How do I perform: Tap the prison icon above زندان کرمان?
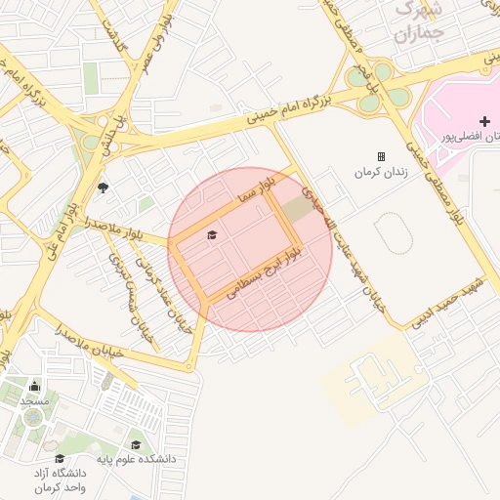(381, 156)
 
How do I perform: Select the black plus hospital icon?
(484, 120)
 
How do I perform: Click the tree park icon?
(104, 187)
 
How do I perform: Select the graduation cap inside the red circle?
(212, 235)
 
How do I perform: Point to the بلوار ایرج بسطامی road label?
(265, 271)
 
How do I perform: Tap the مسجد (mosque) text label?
(34, 401)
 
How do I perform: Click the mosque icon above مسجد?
(35, 386)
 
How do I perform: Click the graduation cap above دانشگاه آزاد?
(60, 458)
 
